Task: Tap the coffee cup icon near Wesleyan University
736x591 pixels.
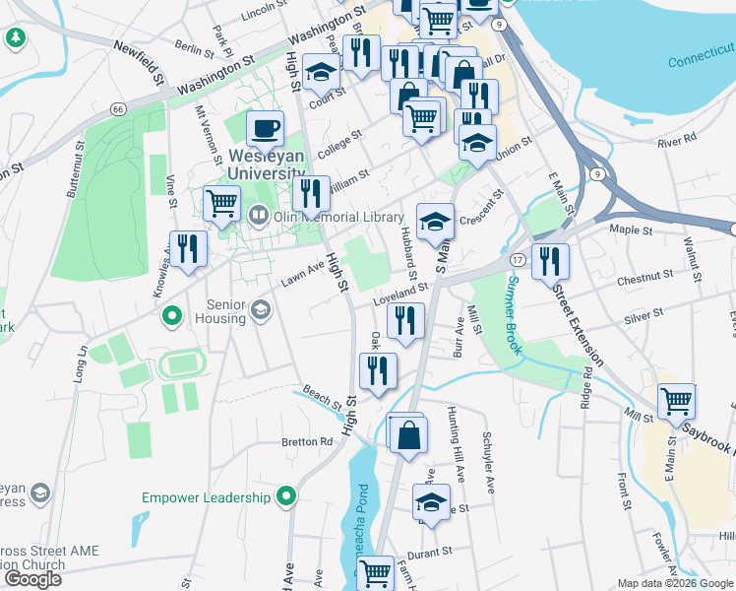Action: click(x=264, y=128)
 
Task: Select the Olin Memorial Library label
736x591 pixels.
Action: click(x=338, y=217)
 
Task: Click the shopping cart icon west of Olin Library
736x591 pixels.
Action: click(x=221, y=204)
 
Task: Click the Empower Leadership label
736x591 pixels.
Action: click(x=206, y=497)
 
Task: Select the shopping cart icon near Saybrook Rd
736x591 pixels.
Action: click(x=677, y=401)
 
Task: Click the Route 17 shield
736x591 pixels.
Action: click(x=516, y=259)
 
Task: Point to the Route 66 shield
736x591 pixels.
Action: click(x=118, y=107)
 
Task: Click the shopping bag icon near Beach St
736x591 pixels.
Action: click(x=407, y=433)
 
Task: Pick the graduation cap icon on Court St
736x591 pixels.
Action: click(x=321, y=71)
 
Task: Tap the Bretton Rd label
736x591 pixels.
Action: click(x=308, y=442)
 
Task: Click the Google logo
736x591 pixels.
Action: click(x=33, y=579)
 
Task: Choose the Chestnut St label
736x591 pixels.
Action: click(x=644, y=280)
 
